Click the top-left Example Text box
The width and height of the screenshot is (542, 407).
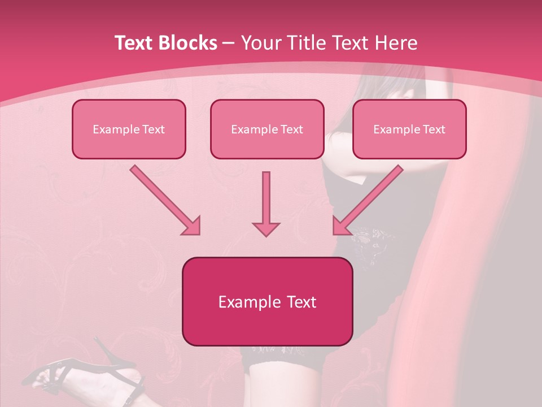pos(129,129)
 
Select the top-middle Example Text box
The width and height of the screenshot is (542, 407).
pos(267,129)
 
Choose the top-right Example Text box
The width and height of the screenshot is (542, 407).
pos(409,129)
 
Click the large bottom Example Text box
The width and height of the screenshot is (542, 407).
pos(267,301)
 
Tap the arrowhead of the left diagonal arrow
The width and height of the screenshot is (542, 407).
pos(192,226)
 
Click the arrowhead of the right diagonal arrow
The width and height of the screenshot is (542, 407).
pos(341,226)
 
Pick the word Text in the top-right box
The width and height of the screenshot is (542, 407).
pos(434,129)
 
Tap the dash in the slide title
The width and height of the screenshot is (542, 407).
pos(229,43)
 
